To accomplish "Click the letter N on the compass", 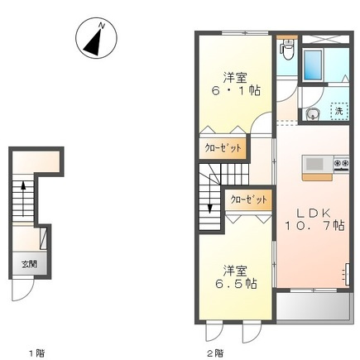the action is pos(102,26).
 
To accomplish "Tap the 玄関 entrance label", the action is pos(29,264).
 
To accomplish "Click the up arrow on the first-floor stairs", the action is pos(23,199).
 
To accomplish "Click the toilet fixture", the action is pos(287,50).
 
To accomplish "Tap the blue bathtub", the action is pos(313,65).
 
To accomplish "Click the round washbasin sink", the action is pos(313,114).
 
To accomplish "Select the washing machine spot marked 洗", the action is pos(339,111).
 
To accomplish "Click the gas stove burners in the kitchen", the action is pos(342,163).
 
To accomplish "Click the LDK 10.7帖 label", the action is pos(314,219).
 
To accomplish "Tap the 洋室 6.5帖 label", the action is pos(235,277).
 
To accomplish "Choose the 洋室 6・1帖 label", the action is pos(236,84).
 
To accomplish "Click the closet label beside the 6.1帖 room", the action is pos(223,148).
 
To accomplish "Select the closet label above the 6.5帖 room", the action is pos(249,199).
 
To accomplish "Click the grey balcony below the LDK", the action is pos(314,307).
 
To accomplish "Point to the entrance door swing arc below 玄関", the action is pos(26,292).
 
